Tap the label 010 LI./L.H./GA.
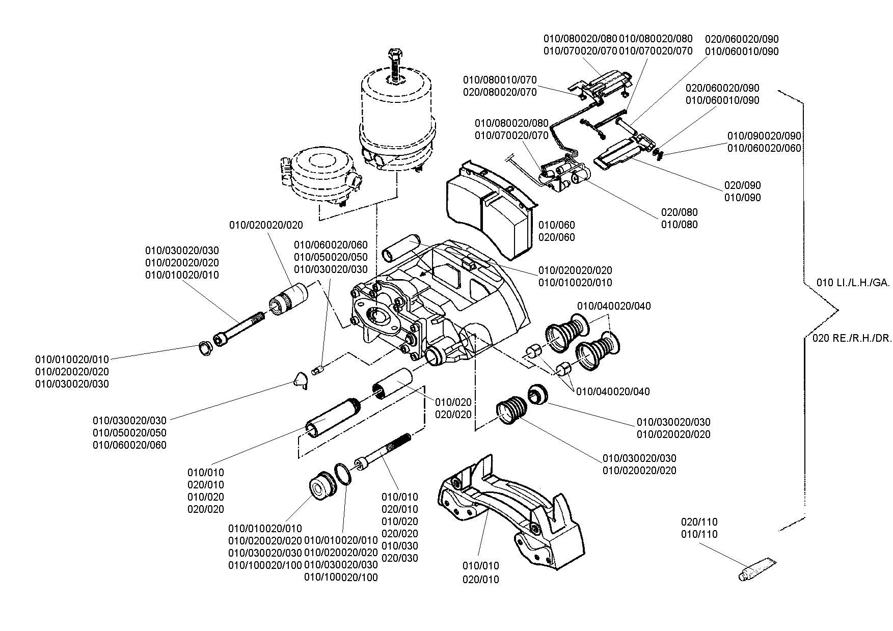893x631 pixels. click(853, 283)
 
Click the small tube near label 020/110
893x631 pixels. click(757, 569)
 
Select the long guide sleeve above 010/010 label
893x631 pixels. click(333, 418)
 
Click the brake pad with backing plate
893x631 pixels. click(489, 206)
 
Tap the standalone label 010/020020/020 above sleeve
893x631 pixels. click(266, 225)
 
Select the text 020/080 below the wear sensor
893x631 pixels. click(679, 212)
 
